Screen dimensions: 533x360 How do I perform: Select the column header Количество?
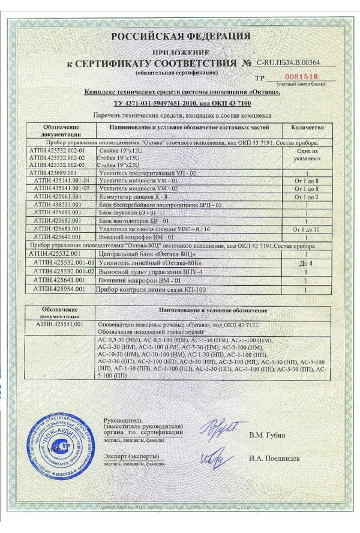[307, 127]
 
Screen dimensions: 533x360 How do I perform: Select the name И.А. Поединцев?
[275, 459]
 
